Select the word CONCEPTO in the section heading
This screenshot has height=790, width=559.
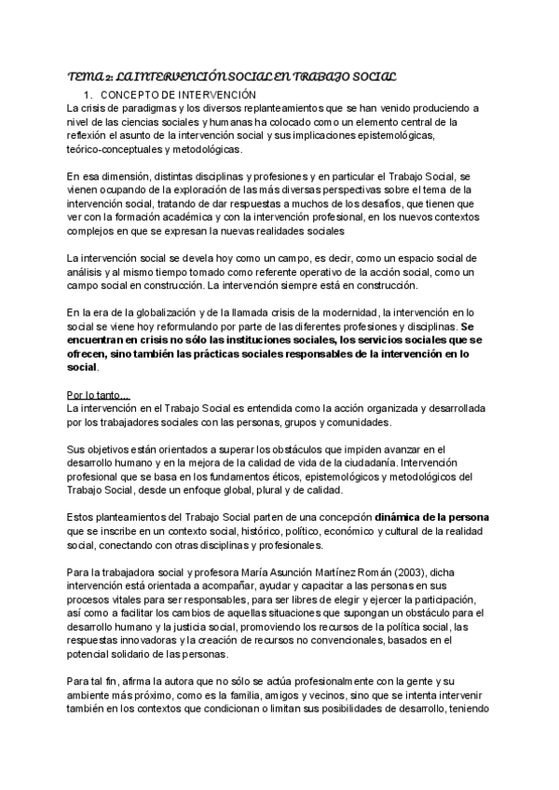[x=133, y=95]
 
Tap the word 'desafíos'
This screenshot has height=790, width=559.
[x=390, y=203]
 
